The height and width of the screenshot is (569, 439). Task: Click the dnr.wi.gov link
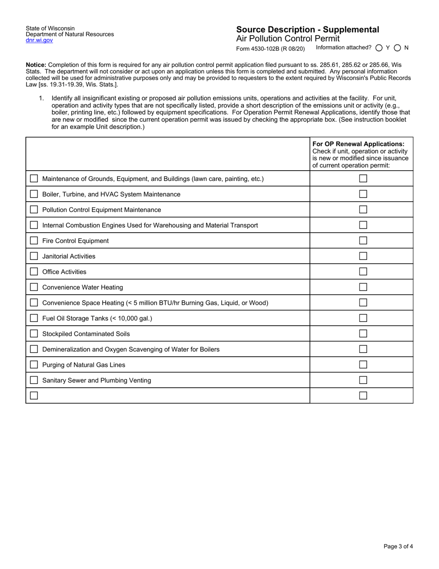pyautogui.click(x=39, y=40)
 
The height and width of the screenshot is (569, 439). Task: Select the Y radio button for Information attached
pyautogui.click(x=379, y=48)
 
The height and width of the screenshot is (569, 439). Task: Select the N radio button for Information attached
pyautogui.click(x=397, y=48)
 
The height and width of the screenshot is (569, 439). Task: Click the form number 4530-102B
pyautogui.click(x=270, y=48)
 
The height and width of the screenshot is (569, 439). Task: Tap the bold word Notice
pyautogui.click(x=36, y=65)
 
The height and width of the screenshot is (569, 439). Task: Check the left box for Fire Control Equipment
pyautogui.click(x=34, y=241)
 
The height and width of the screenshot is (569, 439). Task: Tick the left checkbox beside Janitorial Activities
pyautogui.click(x=34, y=256)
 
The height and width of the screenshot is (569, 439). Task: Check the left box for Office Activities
pyautogui.click(x=34, y=272)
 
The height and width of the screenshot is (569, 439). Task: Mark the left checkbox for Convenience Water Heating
pyautogui.click(x=34, y=287)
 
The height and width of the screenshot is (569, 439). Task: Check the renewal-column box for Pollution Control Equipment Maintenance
pyautogui.click(x=363, y=210)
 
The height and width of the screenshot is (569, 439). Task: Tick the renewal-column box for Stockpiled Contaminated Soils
pyautogui.click(x=363, y=334)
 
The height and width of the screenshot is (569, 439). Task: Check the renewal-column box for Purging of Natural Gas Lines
pyautogui.click(x=363, y=365)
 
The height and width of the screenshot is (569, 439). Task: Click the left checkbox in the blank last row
pyautogui.click(x=34, y=396)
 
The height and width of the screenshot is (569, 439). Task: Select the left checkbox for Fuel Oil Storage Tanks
pyautogui.click(x=34, y=318)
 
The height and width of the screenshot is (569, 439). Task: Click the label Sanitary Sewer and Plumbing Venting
pyautogui.click(x=97, y=380)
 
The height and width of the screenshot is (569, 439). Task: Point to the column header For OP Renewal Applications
pyautogui.click(x=358, y=144)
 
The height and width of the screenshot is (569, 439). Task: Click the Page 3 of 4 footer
pyautogui.click(x=398, y=546)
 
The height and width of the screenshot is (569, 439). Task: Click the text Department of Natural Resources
pyautogui.click(x=70, y=34)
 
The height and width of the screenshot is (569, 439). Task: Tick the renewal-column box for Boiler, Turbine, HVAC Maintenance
pyautogui.click(x=363, y=194)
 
